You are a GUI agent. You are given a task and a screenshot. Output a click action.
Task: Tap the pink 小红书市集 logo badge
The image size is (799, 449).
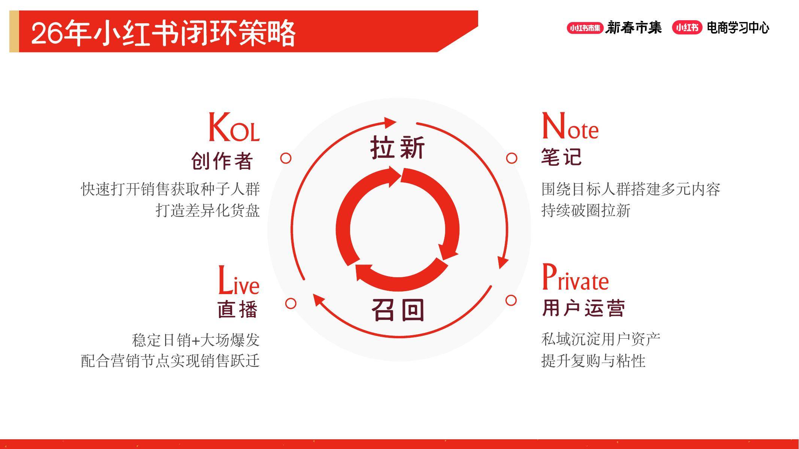click(x=585, y=28)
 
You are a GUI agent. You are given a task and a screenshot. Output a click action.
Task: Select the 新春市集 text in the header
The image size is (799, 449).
click(x=634, y=28)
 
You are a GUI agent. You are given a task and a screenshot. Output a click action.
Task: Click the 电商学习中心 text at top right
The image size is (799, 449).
click(x=738, y=28)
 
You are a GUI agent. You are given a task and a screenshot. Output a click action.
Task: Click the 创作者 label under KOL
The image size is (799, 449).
click(x=222, y=161)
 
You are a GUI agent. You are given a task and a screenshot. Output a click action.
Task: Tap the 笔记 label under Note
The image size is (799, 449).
click(x=562, y=157)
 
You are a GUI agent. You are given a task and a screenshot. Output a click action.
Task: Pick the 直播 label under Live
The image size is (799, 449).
click(x=238, y=309)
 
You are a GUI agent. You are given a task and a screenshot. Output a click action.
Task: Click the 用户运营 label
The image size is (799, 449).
click(x=583, y=308)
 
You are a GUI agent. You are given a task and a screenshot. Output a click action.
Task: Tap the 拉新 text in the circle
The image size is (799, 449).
click(x=398, y=147)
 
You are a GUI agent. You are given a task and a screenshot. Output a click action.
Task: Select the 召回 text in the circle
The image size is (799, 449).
click(x=398, y=310)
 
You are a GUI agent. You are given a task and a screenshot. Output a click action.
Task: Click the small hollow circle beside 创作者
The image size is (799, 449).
click(x=286, y=158)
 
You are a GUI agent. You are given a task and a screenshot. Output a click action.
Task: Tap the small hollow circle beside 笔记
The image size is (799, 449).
click(x=512, y=158)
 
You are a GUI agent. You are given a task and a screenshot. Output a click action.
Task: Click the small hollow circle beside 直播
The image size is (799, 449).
click(x=291, y=303)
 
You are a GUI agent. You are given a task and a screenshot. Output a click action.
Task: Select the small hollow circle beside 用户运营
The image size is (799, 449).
click(x=511, y=300)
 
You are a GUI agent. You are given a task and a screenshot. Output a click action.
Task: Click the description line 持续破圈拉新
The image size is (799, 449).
click(x=586, y=211)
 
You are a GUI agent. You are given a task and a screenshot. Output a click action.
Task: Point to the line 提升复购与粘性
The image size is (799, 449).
click(x=593, y=361)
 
